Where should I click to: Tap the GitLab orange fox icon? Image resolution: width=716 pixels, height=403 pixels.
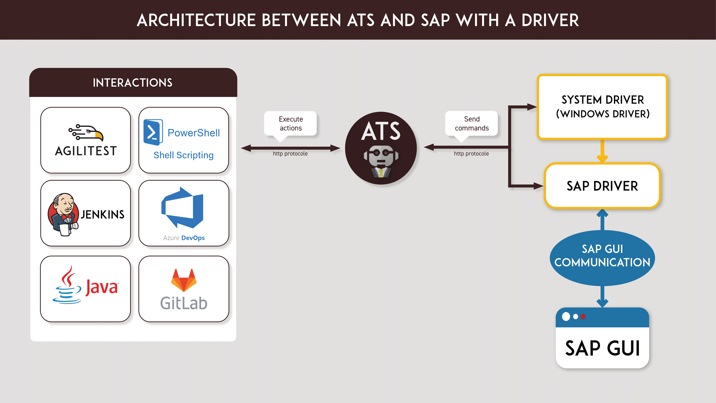tap(184, 280)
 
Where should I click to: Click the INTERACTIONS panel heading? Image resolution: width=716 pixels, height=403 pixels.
tap(133, 83)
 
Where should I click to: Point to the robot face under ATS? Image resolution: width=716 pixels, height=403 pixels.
tap(381, 161)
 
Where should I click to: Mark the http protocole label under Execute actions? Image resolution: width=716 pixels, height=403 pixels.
tap(290, 154)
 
